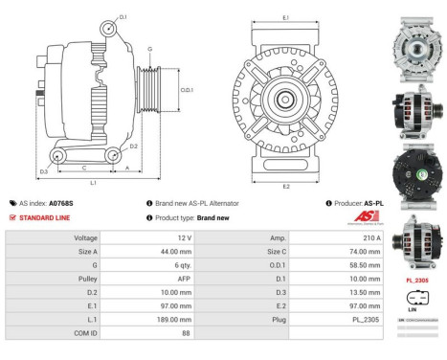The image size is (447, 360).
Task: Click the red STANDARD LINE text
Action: [47, 217]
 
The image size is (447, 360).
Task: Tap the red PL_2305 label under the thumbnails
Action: [415, 281]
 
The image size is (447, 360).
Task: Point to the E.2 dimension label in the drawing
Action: [286, 187]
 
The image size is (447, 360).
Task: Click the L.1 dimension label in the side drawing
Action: [92, 182]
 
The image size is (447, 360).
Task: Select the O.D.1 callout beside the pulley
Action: [187, 90]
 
